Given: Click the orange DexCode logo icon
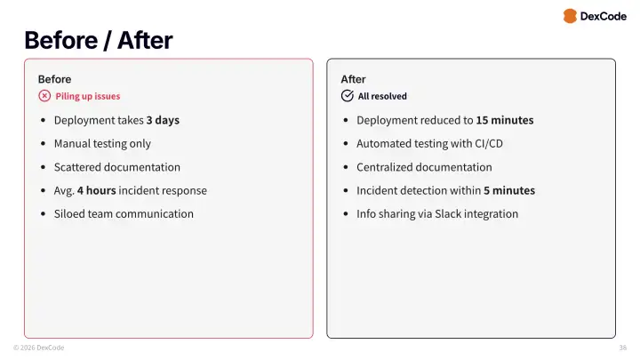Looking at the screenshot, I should [570, 16].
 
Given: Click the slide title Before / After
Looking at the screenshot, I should [98, 40].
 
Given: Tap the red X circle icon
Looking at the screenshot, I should [44, 96].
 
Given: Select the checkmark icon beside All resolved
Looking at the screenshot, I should [348, 96].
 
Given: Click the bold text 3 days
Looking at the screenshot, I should [163, 120].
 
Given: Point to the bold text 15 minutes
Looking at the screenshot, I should [504, 120].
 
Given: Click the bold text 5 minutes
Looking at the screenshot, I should [508, 190].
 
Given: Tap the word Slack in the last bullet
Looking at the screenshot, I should [449, 213].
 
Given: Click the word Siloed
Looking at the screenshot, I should [70, 213].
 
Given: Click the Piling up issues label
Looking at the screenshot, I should [87, 96].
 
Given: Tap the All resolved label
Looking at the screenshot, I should [382, 96].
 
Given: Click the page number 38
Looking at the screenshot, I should [622, 348].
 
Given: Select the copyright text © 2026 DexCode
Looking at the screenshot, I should [38, 348].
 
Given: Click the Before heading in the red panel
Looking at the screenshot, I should [54, 79].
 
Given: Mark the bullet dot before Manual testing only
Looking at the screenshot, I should [44, 144].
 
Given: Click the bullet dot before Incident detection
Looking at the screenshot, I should [347, 190].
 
